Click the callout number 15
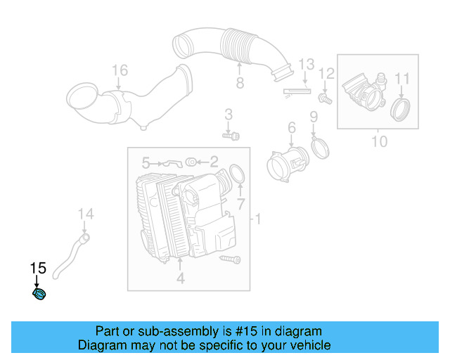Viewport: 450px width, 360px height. pyautogui.click(x=37, y=268)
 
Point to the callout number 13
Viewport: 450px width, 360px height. pyautogui.click(x=304, y=65)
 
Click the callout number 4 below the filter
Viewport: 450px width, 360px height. pyautogui.click(x=180, y=279)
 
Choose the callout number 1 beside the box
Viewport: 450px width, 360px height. pyautogui.click(x=258, y=221)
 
